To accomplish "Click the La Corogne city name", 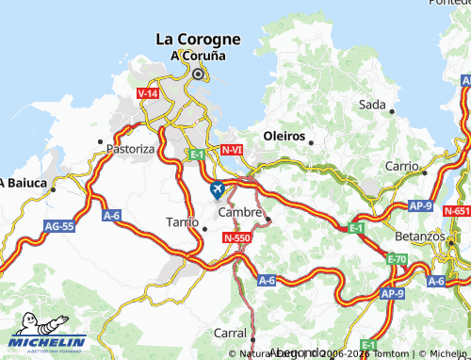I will pos(198,40).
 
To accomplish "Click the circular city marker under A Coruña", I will pos(198,73).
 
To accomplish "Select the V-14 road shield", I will pos(147,94).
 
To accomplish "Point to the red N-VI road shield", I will pos(232,150).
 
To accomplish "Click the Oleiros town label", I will pos(284,136).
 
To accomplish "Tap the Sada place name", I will pos(372,105).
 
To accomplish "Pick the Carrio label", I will pos(401,166).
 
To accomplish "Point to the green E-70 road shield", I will pos(397,258).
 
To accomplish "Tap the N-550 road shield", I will pos(235,239).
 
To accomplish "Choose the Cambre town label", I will pos(239,213).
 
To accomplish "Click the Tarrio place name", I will pos(181,221).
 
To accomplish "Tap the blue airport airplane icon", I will pos(218,190).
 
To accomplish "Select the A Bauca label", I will pos(24,182).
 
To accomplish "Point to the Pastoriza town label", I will pos(130,149).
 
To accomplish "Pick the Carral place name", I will pos(230,334).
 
